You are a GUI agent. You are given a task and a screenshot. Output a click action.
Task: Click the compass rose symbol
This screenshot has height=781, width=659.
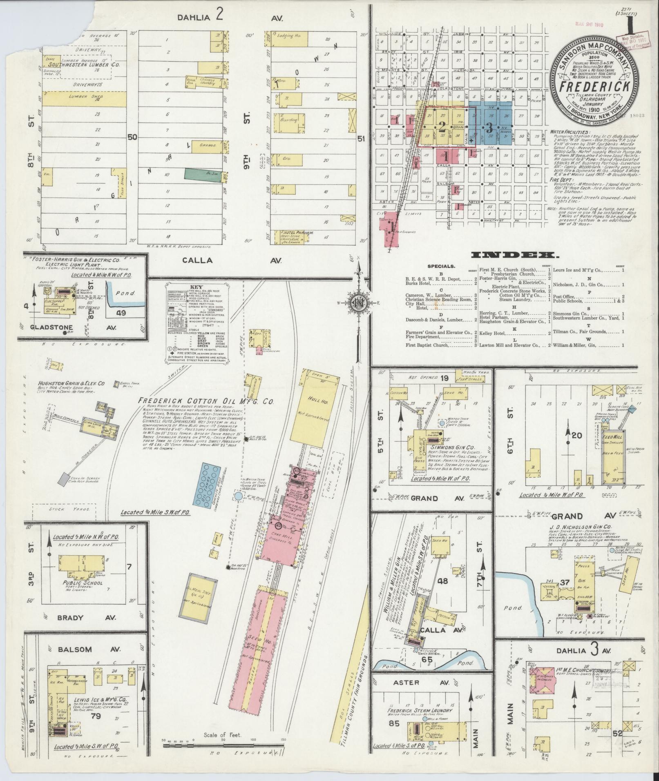[x=356, y=304]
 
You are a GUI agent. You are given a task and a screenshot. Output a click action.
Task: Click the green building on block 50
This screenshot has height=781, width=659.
[x=201, y=173]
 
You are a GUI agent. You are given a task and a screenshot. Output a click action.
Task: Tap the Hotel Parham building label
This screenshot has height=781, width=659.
[x=297, y=233]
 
